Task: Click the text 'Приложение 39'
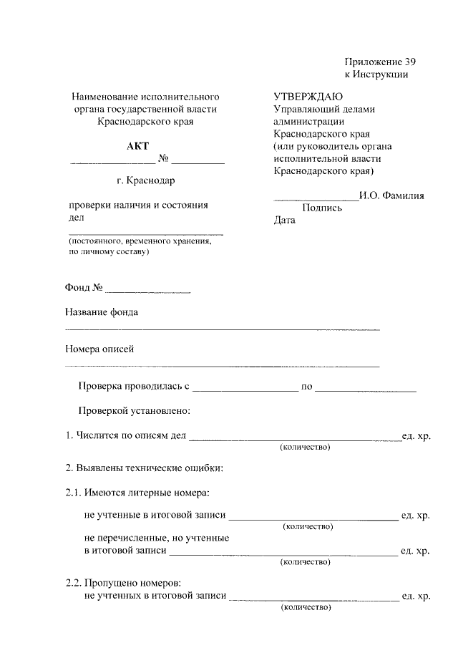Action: [x=379, y=61]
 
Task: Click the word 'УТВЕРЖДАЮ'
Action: [x=308, y=97]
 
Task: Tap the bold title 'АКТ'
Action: [x=137, y=146]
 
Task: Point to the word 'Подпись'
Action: [x=322, y=208]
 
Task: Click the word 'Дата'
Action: [x=284, y=221]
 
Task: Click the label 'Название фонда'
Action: [x=102, y=312]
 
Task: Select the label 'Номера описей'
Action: [x=99, y=349]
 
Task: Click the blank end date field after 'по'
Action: [x=366, y=389]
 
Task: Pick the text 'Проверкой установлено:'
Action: [x=134, y=412]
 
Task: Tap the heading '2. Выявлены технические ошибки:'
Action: [x=144, y=469]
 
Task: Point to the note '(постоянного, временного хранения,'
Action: [x=140, y=242]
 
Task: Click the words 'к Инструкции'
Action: [x=376, y=74]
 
